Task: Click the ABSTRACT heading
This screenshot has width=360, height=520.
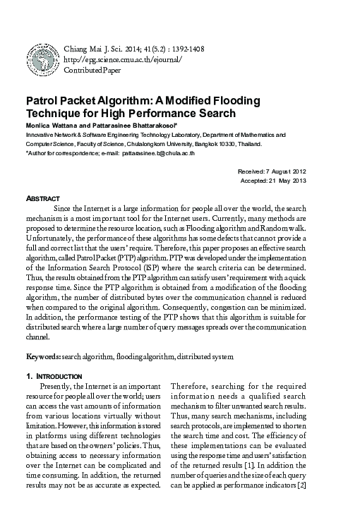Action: tap(42, 198)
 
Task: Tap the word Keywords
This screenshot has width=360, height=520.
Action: tap(43, 358)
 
